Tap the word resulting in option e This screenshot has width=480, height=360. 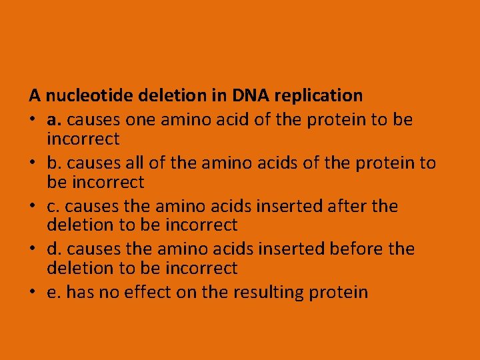point(261,293)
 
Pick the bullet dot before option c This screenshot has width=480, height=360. point(32,207)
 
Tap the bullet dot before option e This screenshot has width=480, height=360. point(32,293)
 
